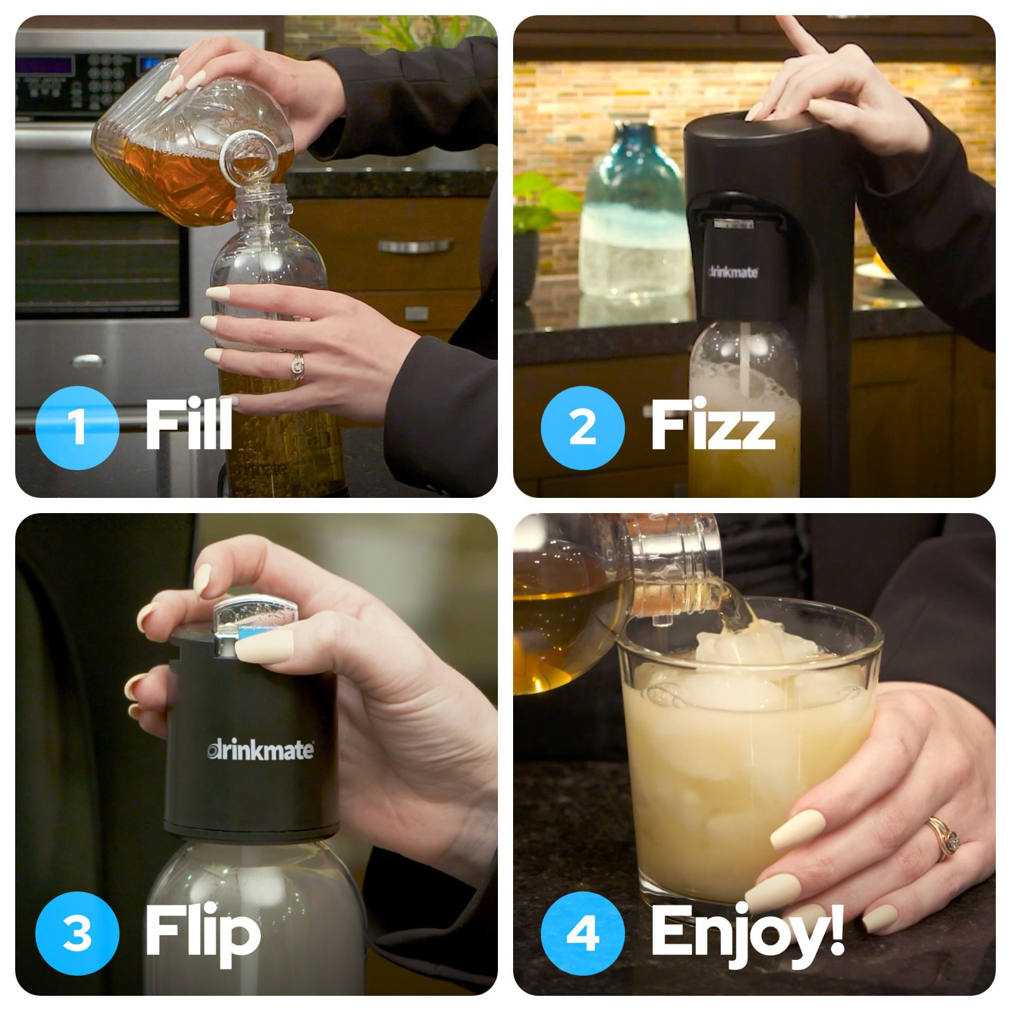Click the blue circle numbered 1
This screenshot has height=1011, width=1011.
tap(77, 427)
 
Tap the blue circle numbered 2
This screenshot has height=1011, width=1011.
tap(583, 427)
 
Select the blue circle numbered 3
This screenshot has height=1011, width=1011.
tap(77, 933)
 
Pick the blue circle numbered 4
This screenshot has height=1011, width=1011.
tap(583, 933)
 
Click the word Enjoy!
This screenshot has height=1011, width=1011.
tap(747, 933)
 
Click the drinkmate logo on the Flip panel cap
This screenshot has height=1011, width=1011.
tap(260, 751)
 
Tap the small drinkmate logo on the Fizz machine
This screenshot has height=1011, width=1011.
tap(732, 273)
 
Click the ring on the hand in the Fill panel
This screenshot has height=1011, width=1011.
tap(297, 365)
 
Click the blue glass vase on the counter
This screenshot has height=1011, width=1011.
tap(632, 215)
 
